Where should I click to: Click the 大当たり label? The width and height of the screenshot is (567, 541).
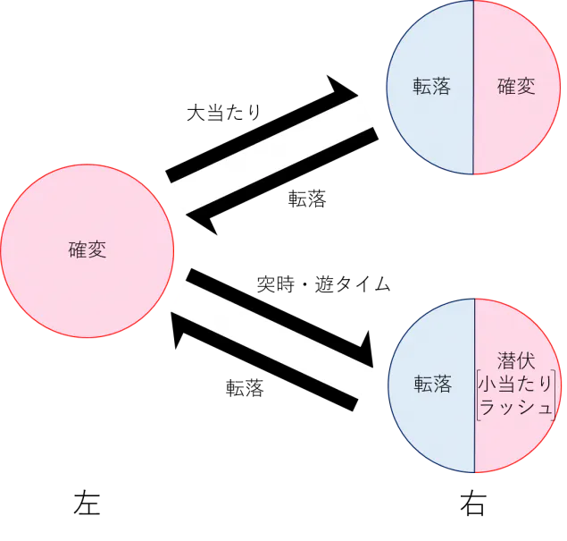pos(224,113)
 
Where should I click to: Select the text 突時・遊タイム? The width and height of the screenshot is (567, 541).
pos(323,283)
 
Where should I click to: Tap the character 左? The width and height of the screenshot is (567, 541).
pos(87,503)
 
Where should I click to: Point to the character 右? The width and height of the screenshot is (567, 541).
pos(473,503)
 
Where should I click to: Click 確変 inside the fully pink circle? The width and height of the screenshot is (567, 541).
pos(88,249)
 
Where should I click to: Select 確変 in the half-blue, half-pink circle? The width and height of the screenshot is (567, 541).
pos(516,86)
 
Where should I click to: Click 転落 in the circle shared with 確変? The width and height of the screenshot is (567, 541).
pos(432,86)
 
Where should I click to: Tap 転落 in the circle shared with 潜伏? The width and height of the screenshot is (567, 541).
pos(433,385)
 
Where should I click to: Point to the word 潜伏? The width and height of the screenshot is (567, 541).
pos(516,360)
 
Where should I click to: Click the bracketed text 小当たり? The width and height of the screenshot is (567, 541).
pos(515,384)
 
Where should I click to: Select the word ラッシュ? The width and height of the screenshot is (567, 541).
pos(515,407)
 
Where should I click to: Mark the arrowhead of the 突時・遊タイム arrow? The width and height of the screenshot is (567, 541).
pos(367,352)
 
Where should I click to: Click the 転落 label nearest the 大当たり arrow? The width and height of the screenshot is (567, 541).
pos(307,199)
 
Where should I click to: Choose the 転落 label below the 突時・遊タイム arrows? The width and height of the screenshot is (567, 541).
pos(245,388)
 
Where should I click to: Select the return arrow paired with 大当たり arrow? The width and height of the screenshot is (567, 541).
pos(282,181)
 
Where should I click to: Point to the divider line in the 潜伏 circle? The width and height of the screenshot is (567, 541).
pos(474,385)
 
